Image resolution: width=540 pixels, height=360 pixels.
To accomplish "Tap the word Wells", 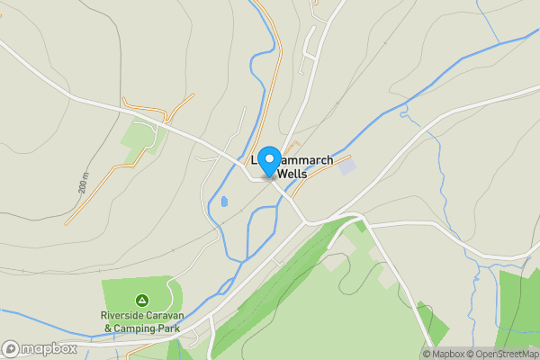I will [x=292, y=173].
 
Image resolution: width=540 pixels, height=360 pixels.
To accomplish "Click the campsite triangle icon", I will [x=141, y=300].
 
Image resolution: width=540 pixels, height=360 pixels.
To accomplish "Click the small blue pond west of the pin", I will [x=223, y=202].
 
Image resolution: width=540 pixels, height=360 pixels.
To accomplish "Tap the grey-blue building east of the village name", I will [x=346, y=166].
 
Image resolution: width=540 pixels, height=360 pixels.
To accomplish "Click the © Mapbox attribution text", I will [x=446, y=354].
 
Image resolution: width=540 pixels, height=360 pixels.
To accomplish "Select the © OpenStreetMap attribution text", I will [x=506, y=354].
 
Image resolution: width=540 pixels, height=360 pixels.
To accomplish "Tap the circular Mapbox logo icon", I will [x=11, y=348].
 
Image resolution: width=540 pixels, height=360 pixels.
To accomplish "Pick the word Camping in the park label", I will [x=136, y=328].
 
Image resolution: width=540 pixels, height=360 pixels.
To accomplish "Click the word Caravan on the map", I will [x=168, y=316].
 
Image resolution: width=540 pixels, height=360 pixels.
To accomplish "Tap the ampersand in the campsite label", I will [x=108, y=328].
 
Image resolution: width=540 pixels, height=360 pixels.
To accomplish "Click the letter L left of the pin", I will [x=255, y=160].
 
